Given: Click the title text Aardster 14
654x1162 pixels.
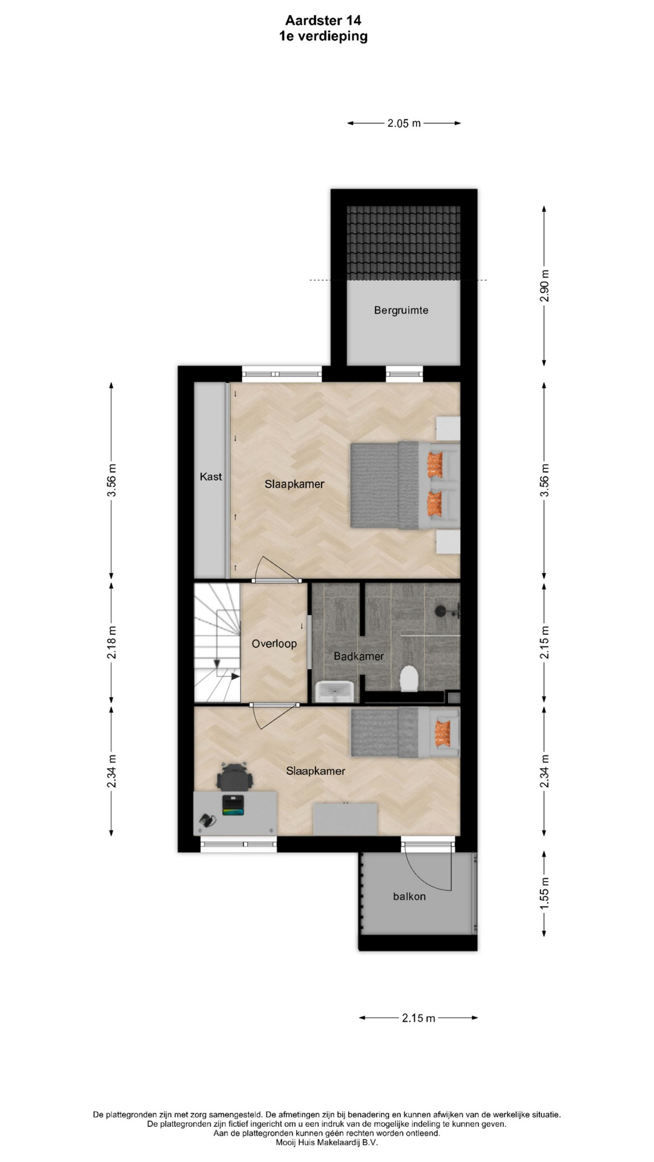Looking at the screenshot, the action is (x=323, y=21).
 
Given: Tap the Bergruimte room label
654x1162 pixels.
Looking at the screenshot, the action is (x=401, y=310).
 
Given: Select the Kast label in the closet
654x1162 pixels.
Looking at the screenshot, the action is (x=211, y=477).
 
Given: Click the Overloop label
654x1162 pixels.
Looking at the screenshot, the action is (x=274, y=643).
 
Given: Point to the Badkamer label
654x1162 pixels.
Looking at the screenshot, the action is (x=358, y=656).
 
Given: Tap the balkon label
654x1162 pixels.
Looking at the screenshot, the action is (x=409, y=896).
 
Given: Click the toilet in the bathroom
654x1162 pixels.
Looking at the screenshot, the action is (x=410, y=678).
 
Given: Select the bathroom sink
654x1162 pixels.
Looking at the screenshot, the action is (x=334, y=691).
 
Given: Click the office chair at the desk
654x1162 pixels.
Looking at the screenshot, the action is (x=235, y=776).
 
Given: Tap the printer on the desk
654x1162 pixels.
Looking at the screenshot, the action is (x=233, y=805).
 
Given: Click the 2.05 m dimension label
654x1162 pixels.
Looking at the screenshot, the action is (x=404, y=123).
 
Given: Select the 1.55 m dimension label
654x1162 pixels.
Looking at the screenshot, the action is (x=544, y=894).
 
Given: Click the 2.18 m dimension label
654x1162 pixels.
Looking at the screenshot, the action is (x=111, y=643).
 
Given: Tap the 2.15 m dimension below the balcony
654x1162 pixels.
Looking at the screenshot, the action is (x=418, y=1018).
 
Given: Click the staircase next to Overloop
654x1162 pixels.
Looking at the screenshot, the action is (x=217, y=642).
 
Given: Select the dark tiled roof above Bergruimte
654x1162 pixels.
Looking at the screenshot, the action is (x=403, y=243).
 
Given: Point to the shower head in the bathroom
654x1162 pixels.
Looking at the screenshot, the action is (x=442, y=610).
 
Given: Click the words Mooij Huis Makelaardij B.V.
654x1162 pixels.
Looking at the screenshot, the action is (x=326, y=1143).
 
